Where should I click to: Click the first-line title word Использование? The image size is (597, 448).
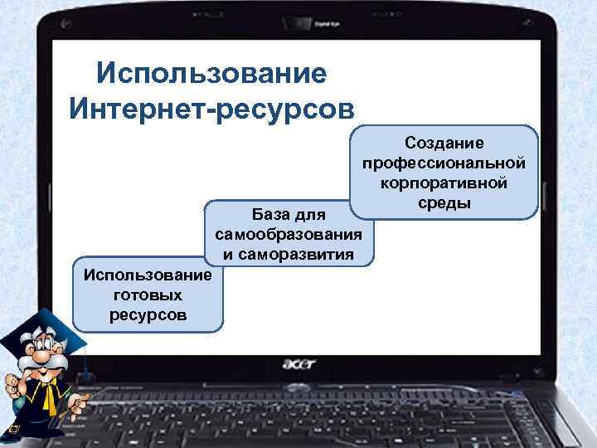point(211,73)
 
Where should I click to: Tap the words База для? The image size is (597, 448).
point(289,216)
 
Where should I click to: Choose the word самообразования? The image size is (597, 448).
point(289,235)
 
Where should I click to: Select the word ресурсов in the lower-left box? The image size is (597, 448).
point(148,314)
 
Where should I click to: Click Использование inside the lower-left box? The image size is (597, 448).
point(148,275)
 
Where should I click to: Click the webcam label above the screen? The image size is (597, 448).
point(327,25)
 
